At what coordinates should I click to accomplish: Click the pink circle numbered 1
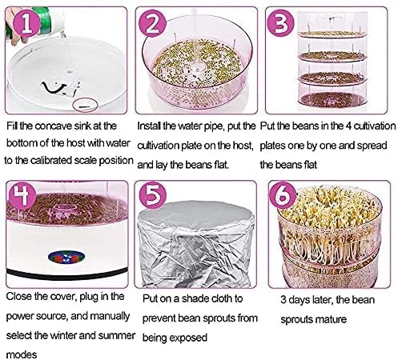tap(26, 23)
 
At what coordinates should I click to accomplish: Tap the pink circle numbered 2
tap(152, 23)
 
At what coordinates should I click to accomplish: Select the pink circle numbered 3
tap(280, 23)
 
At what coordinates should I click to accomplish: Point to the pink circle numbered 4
tap(22, 196)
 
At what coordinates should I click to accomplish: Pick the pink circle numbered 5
tap(152, 195)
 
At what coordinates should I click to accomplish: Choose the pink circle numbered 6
tap(283, 195)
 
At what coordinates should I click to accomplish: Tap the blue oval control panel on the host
tap(66, 257)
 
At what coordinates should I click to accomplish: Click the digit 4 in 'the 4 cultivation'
tap(348, 126)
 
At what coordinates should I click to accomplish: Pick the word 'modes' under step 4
tap(22, 354)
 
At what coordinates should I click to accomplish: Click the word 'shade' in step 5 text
tap(195, 298)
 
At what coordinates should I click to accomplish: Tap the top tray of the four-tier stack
tap(332, 34)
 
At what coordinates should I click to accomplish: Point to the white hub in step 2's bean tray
tap(197, 68)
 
